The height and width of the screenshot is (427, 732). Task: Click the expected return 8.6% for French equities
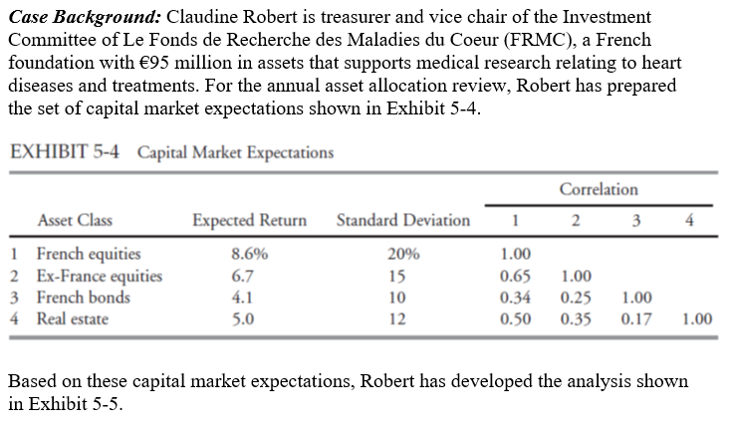[248, 254]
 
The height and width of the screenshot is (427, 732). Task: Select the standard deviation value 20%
[404, 254]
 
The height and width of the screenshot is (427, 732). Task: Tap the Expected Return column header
[249, 220]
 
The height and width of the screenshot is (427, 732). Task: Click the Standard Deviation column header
[403, 220]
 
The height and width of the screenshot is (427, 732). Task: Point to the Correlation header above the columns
[599, 189]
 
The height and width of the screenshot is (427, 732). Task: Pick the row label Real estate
[73, 319]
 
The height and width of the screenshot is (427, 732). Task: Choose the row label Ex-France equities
[99, 276]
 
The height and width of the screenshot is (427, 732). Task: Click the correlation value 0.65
[514, 276]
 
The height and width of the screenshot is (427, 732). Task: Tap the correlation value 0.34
[514, 298]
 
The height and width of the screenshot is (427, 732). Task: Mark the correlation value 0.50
[514, 319]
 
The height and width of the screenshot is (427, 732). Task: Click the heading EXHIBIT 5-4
[65, 152]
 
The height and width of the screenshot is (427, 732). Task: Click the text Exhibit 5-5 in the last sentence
[73, 404]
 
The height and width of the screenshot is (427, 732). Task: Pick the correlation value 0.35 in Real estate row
[575, 319]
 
